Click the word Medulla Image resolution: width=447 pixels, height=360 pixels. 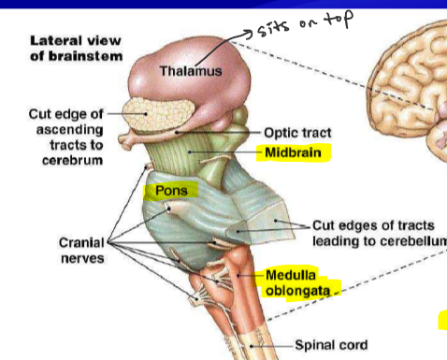pyautogui.click(x=291, y=276)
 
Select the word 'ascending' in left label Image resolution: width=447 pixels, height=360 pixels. pyautogui.click(x=72, y=131)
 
